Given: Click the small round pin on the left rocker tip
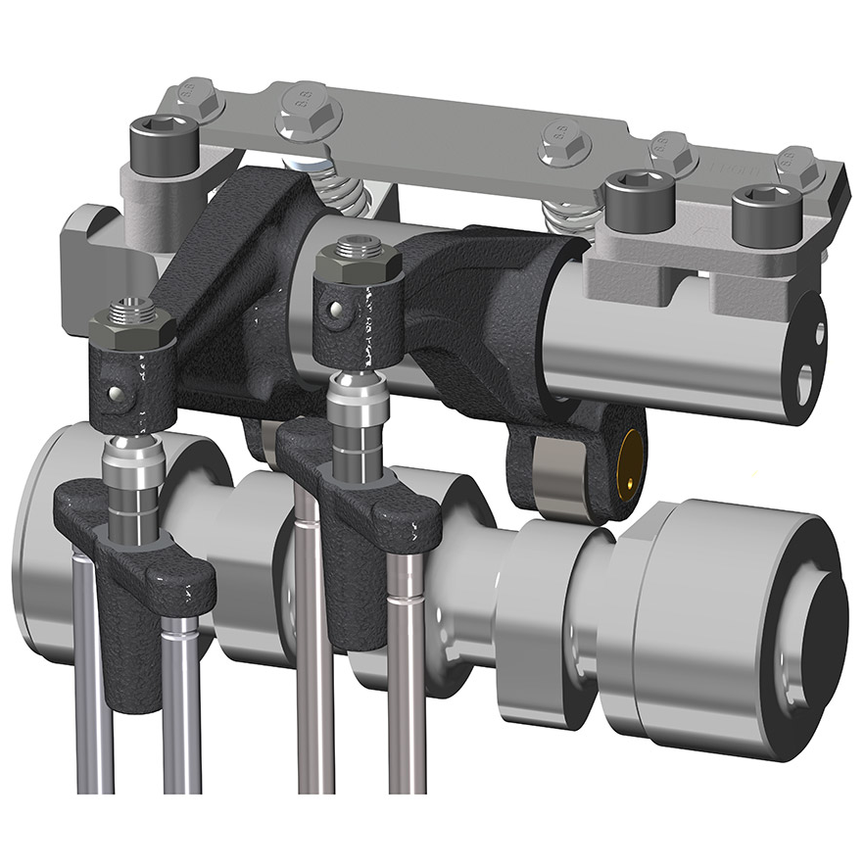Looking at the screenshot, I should (117, 394).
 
